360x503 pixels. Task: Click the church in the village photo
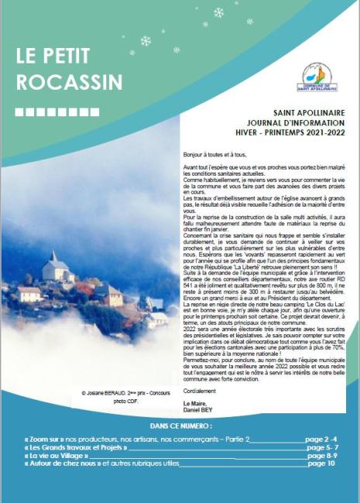[55, 266]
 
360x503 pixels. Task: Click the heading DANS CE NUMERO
[180, 426]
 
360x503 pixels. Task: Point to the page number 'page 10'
[321, 464]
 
